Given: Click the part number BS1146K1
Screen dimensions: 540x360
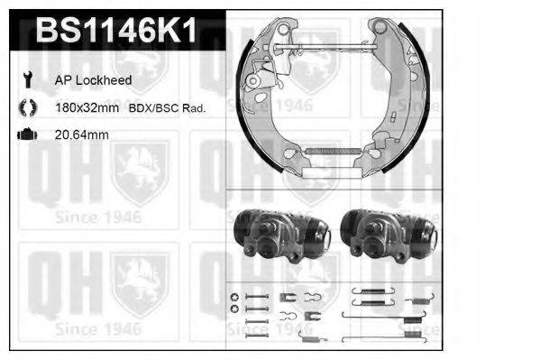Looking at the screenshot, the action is coord(116,31).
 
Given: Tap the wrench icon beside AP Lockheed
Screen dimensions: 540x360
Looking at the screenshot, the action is coord(27,79).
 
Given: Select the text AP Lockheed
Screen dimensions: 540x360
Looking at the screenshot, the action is coord(94,80).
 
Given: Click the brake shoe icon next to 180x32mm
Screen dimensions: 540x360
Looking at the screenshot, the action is coord(28,107).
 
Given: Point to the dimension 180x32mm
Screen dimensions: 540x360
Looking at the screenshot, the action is coord(87,108).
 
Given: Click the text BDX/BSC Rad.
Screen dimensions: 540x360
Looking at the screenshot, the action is coord(167,108).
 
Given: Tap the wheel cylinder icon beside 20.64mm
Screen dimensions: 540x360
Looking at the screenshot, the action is coord(27,134).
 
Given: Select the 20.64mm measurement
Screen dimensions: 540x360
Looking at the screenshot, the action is coord(82,134).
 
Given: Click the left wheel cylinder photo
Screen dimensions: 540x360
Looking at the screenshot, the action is coord(282,235).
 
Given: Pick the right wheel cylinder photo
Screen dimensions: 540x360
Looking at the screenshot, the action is coord(389,235).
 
